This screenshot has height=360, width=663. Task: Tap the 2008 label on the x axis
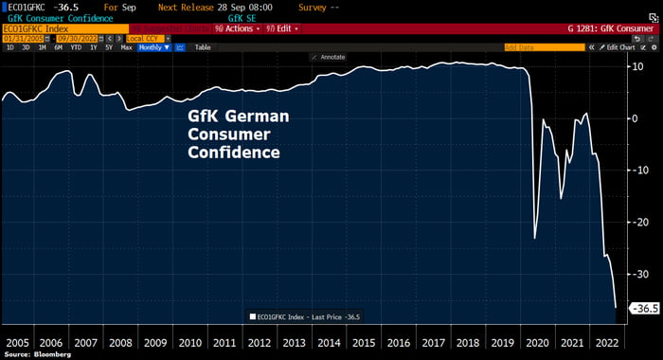[121, 342]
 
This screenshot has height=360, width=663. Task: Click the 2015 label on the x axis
[362, 342]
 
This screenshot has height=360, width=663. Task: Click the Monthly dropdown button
[154, 46]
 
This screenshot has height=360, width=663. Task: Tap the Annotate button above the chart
[330, 57]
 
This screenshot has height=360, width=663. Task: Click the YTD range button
[78, 46]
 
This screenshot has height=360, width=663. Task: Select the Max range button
[126, 46]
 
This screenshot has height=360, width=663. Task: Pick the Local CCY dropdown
[144, 38]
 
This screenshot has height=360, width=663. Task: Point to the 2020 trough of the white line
[535, 239]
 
